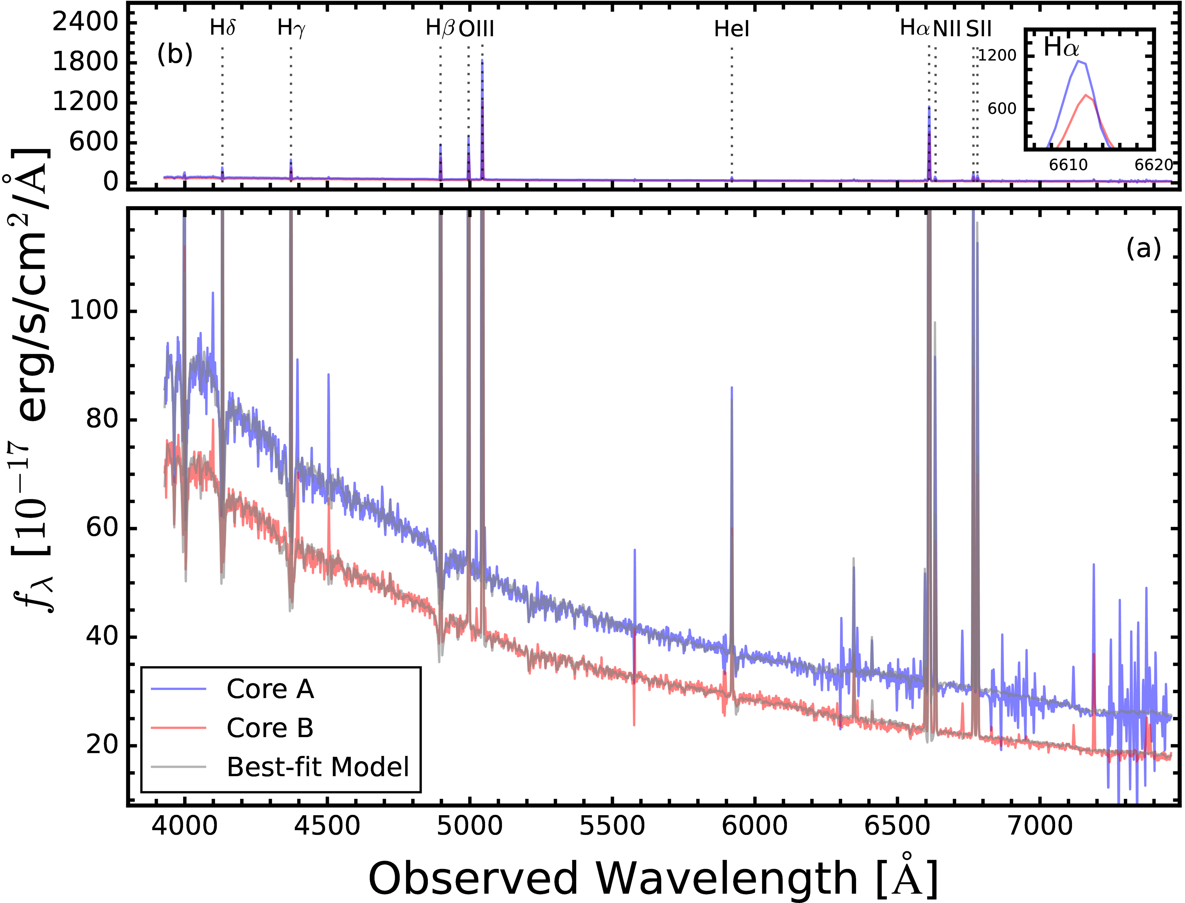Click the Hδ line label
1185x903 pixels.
(x=223, y=28)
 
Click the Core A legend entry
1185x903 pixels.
(x=270, y=689)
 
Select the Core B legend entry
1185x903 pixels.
(x=270, y=728)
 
